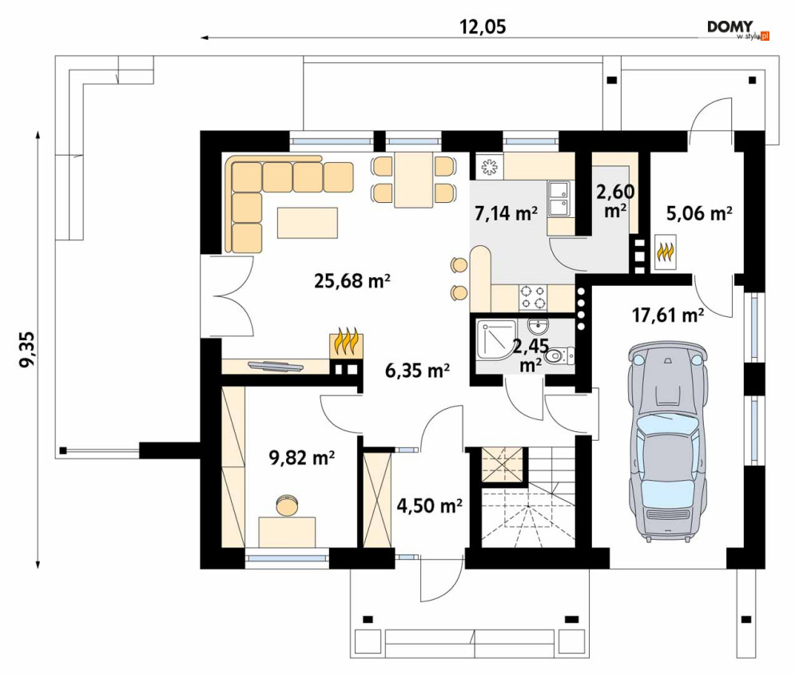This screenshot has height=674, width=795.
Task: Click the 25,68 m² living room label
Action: pos(352,280)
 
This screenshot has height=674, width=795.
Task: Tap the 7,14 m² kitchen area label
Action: pos(506,213)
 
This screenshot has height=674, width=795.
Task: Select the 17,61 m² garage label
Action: pos(668,315)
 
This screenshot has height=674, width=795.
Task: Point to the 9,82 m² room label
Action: pos(302,458)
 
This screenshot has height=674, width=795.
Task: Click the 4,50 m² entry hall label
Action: pos(429,505)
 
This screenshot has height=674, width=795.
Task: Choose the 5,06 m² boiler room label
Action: pos(699,213)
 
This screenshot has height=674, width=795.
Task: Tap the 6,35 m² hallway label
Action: pos(417,371)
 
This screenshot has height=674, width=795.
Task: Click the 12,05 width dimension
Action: pos(483,26)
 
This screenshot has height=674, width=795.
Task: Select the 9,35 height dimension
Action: pos(27,349)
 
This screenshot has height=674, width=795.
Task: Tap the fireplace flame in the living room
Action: pos(347,343)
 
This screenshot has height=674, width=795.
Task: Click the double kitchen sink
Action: pos(558,199)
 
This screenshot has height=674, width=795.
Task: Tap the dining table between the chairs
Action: pos(414,180)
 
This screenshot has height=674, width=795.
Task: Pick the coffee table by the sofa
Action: pos(308,223)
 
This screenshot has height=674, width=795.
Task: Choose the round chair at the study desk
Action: pos(287,505)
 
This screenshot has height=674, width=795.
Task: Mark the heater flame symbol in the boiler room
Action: pos(666,252)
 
